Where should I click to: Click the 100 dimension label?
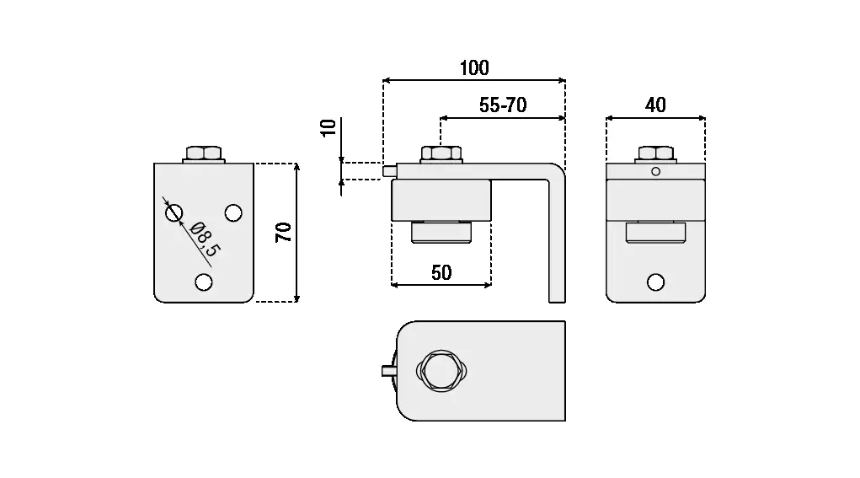pos(474,68)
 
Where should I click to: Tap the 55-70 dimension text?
pos(503,105)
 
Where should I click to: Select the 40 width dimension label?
pos(655,105)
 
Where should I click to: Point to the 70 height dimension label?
pos(284,233)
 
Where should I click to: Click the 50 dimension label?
pos(441,272)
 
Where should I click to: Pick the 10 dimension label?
pos(329,127)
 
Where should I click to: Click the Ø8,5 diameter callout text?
pos(205,239)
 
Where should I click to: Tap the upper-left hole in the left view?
pos(174,212)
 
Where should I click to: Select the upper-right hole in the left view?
pos(233,211)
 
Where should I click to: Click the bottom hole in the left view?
pos(203,282)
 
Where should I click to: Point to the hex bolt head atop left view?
pos(203,154)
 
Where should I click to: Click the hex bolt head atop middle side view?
pos(441,154)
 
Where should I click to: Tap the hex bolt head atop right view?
pos(655,153)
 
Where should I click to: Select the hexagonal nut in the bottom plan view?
pos(441,370)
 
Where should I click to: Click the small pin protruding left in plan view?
pos(388,370)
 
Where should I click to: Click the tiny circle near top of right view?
pos(655,172)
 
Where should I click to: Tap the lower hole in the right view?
pos(655,282)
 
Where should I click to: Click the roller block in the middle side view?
pos(441,201)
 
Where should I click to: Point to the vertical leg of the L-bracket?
pos(557,244)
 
